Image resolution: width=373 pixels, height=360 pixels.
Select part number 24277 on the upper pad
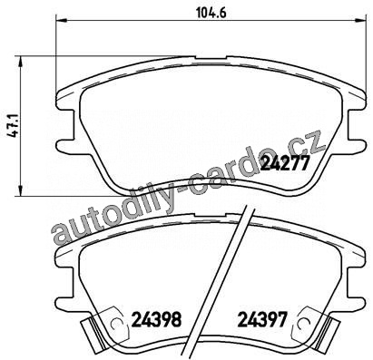285,163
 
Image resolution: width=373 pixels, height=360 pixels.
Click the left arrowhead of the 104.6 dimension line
60,21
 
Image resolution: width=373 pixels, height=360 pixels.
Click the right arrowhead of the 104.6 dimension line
363,21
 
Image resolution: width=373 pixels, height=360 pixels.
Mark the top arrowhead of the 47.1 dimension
20,62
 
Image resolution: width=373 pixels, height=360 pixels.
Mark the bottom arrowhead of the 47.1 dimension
20,190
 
